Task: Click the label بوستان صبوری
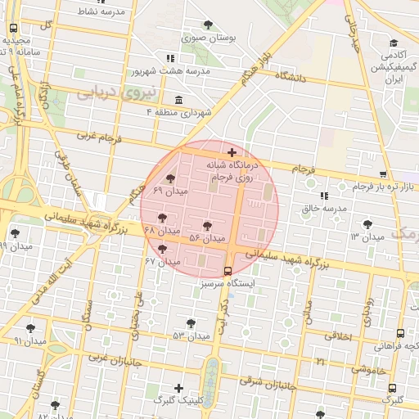coord(209,38)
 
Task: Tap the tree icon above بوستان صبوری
coord(209,25)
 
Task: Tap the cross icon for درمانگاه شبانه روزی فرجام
coord(232,152)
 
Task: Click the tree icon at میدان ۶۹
coord(170,178)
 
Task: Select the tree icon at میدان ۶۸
coord(162,218)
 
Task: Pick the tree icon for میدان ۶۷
coord(162,249)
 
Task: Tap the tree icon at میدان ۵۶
coord(207,225)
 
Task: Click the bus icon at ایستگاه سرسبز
coord(228,271)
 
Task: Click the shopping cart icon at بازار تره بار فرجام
coord(384,174)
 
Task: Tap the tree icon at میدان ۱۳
coord(367,223)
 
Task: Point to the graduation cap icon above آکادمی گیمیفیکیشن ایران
coord(394,43)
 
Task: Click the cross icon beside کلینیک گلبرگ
coord(179,388)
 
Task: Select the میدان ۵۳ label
coord(191,336)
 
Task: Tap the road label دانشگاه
coord(291,77)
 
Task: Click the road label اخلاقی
coord(339,336)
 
